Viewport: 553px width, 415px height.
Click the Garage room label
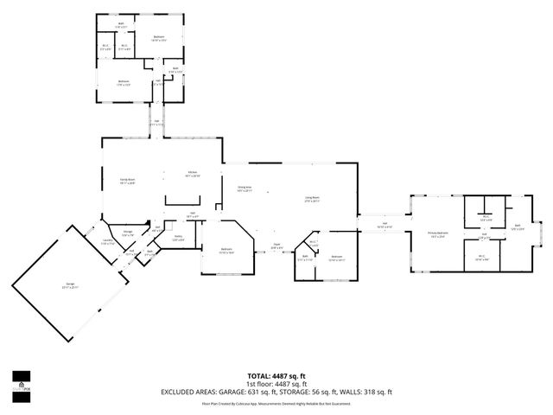(69, 286)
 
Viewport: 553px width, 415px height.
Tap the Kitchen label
(194, 174)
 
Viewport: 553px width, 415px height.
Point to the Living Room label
(312, 199)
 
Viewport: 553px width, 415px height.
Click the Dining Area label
(245, 188)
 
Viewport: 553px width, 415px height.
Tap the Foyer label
(277, 245)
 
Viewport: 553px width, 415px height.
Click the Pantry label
(178, 237)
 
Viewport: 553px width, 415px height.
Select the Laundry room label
(108, 242)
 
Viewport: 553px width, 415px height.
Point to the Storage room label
(127, 233)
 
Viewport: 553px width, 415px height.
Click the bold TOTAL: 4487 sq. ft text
(276, 376)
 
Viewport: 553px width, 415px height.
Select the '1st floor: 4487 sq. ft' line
(276, 383)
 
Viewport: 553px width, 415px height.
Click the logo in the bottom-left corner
(21, 381)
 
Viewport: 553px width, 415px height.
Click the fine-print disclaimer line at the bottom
(276, 403)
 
